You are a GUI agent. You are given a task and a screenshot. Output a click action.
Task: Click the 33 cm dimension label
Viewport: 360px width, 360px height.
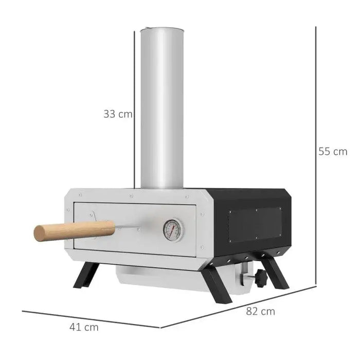(x=118, y=114)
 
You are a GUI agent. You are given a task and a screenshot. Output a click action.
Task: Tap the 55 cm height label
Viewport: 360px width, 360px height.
(x=333, y=151)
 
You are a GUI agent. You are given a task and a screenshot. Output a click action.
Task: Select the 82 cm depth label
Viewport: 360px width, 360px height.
(x=260, y=311)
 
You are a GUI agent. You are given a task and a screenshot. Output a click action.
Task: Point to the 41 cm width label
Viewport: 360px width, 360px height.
(x=84, y=327)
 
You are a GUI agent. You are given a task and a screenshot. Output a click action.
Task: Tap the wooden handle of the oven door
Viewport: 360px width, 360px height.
(x=74, y=230)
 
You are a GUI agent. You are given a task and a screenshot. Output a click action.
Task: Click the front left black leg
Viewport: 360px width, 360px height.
(x=86, y=275)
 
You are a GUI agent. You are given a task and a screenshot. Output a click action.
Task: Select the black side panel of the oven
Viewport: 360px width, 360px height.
(x=252, y=221)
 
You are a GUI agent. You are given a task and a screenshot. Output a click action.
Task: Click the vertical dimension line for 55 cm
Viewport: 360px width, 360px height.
(x=315, y=154)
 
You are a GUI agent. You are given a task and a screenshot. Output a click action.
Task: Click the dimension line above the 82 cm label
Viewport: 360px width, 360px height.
(x=237, y=307)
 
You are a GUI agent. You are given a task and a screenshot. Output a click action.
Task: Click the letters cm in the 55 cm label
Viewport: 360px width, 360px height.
(x=340, y=151)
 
